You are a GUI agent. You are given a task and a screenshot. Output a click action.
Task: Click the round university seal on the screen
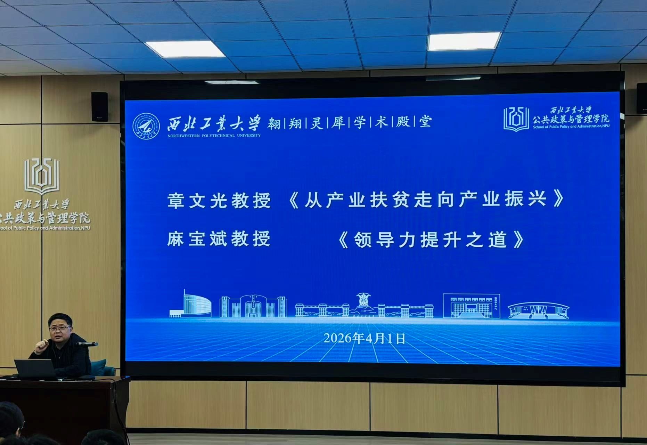coord(146,126)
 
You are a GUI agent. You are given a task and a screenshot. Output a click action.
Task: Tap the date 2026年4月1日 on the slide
coord(365,338)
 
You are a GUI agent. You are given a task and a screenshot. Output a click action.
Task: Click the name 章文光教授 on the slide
coord(219,201)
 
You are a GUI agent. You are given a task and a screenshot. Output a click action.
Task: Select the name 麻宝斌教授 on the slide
coord(219,239)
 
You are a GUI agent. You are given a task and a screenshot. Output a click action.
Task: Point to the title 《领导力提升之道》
coord(431,240)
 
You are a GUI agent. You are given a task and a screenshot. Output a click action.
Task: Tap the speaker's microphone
coord(87,344)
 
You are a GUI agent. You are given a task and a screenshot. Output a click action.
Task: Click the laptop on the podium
coord(35,369)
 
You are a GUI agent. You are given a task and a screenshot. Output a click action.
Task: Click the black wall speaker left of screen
coord(99,107)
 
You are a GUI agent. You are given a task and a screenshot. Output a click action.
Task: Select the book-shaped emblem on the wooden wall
coord(42,176)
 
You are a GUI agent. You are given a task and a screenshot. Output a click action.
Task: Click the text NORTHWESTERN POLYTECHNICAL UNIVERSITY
coord(214,136)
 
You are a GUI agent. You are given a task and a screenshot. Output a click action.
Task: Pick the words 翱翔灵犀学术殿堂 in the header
coord(349,122)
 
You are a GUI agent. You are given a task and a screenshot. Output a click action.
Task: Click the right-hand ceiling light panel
coord(464,41)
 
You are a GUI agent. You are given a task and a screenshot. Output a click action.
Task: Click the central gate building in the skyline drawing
coord(364,306)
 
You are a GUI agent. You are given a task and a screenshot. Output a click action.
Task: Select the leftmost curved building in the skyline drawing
coord(190,305)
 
